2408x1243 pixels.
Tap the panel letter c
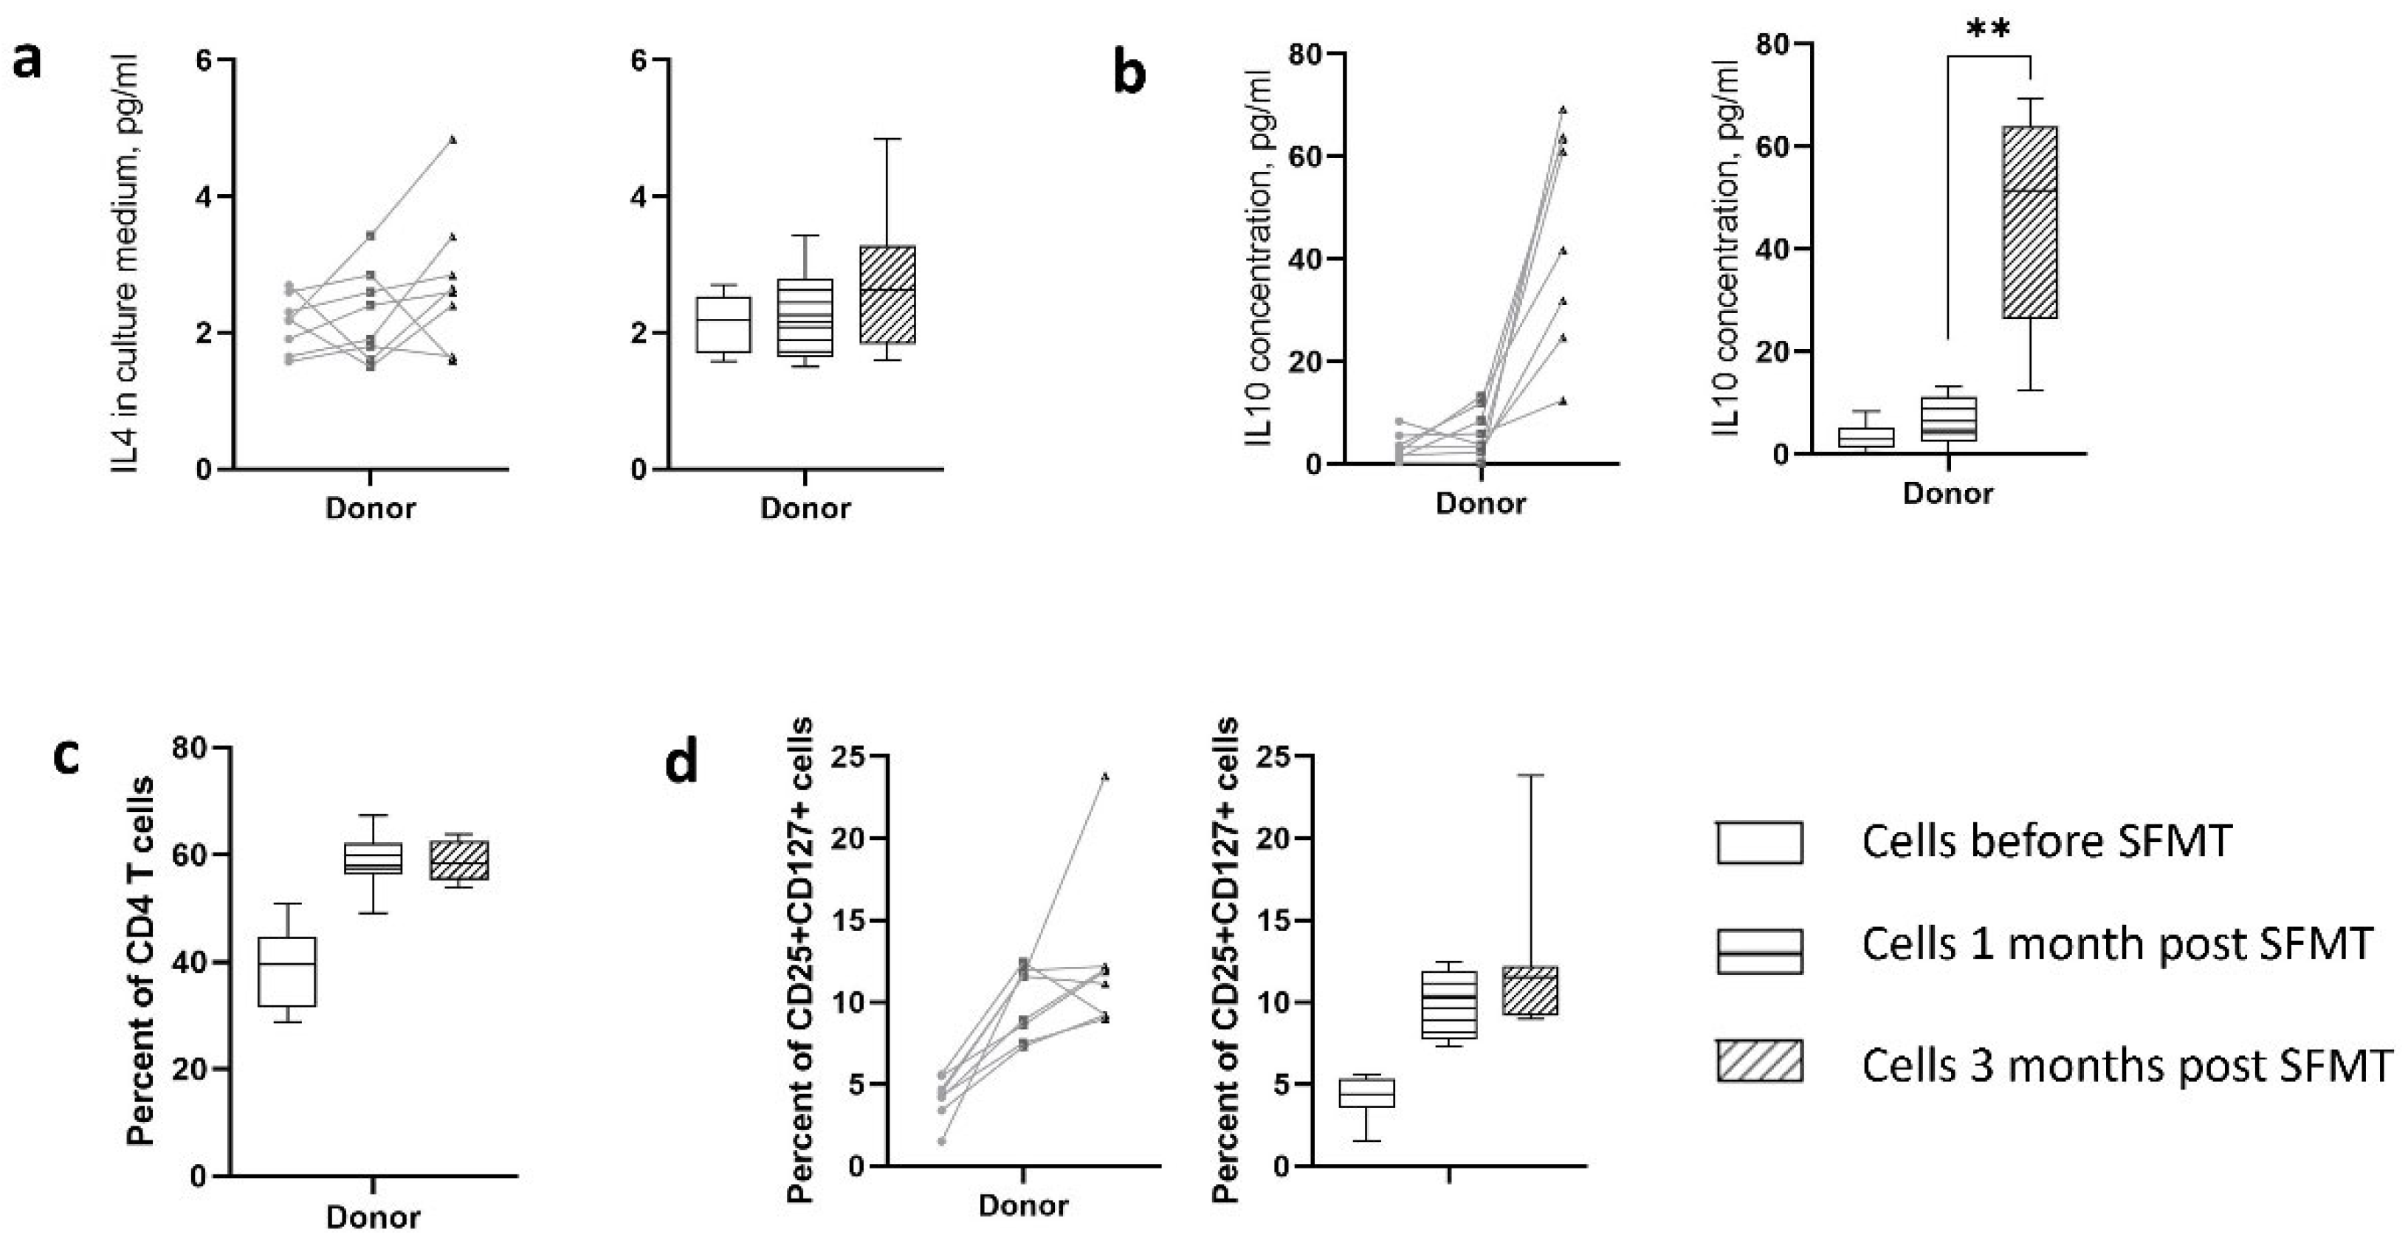[66, 758]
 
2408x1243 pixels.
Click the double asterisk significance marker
[1988, 31]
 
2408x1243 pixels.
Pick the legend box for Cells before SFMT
[1759, 842]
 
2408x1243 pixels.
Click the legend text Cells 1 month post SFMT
[2116, 944]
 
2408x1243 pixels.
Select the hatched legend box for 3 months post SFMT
[1759, 1061]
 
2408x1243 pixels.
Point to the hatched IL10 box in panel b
[2029, 221]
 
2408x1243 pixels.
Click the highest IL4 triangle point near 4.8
[453, 140]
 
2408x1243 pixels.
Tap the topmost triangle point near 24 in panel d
[1105, 776]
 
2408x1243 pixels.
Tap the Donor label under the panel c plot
[372, 1217]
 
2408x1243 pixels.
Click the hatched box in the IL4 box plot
[887, 295]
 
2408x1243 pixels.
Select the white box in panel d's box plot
[1366, 1092]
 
